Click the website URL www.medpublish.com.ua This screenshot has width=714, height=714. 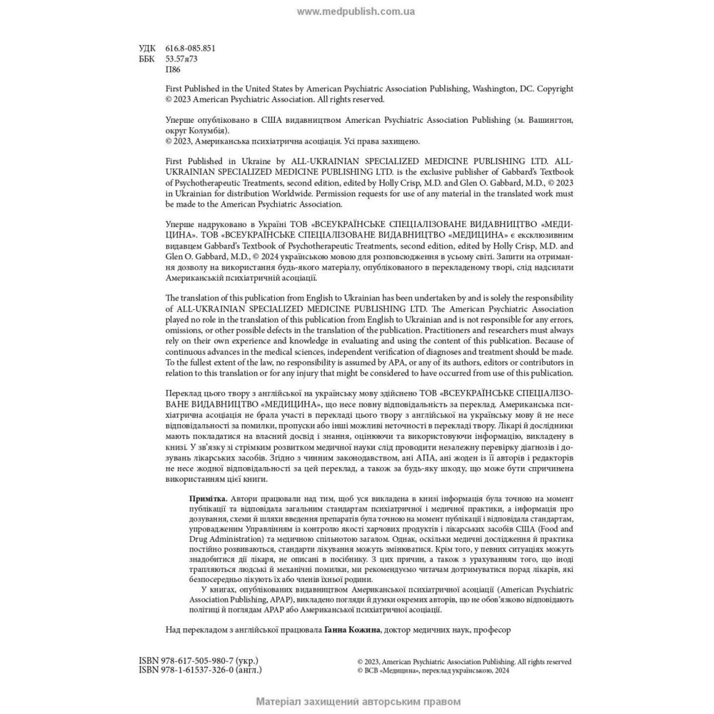tap(356, 11)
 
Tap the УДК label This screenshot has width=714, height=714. tap(146, 49)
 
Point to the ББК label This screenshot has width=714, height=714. tap(146, 59)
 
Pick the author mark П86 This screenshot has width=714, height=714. tap(173, 70)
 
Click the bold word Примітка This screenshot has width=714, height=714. tap(208, 498)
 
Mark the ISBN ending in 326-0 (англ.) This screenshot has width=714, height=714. tap(200, 670)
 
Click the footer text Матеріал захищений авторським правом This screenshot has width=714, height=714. tap(358, 702)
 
